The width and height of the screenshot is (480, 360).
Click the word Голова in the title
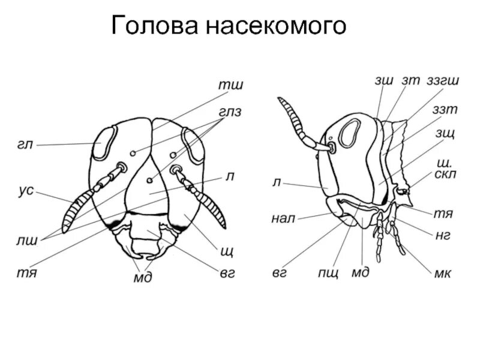coord(155,26)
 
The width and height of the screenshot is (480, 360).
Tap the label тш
coord(230,86)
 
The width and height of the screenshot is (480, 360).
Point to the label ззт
coord(445,109)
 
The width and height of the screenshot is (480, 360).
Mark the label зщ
coord(446,133)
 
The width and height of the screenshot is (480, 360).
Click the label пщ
coord(329,273)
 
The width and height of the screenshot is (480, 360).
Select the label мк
coord(443,273)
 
